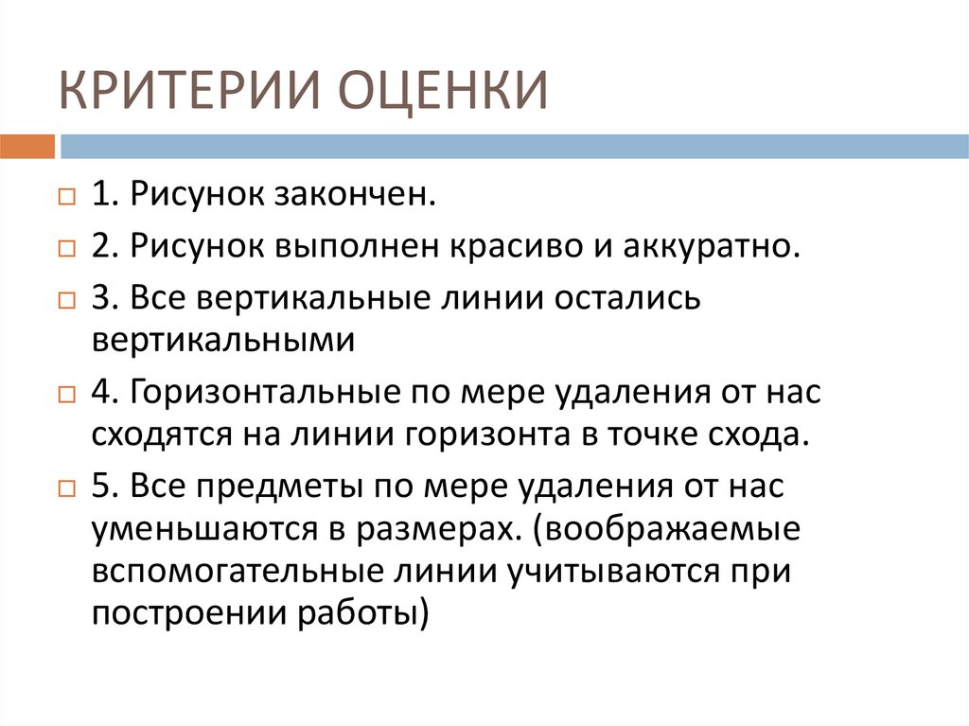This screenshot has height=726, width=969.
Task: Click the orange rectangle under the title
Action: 27,146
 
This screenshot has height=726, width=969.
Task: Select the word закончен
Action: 357,195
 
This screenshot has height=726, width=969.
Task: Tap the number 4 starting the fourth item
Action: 100,392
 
